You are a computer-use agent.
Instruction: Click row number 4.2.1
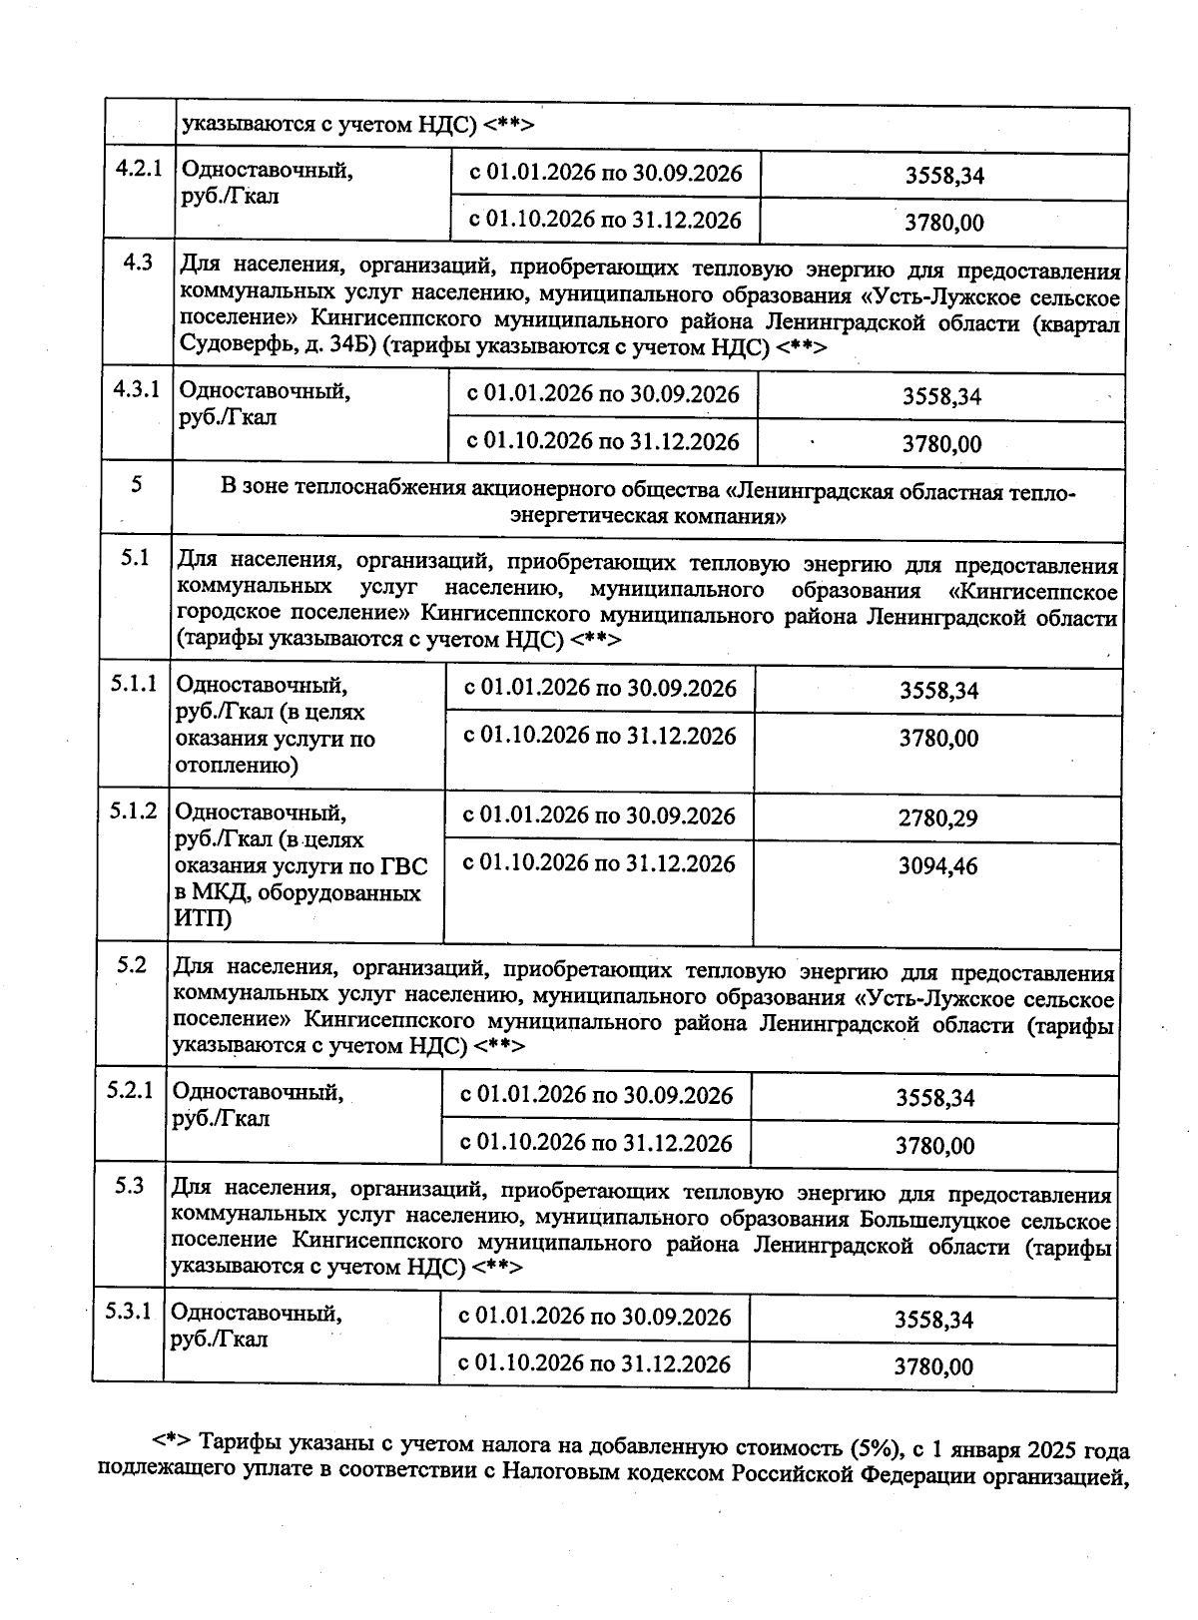coord(139,168)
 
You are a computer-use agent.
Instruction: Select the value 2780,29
coord(937,818)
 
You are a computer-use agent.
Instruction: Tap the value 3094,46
coord(937,865)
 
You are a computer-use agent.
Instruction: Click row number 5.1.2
coord(134,810)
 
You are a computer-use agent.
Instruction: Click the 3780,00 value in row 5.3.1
coord(933,1366)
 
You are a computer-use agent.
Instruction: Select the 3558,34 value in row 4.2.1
coord(944,176)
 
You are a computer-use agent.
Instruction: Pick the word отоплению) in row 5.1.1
coord(237,766)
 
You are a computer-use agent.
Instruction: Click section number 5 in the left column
coord(137,484)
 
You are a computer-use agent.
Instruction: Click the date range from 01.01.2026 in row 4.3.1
coord(603,394)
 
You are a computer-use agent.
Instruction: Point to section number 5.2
coord(131,965)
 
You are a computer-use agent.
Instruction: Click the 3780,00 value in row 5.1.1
coord(938,739)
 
